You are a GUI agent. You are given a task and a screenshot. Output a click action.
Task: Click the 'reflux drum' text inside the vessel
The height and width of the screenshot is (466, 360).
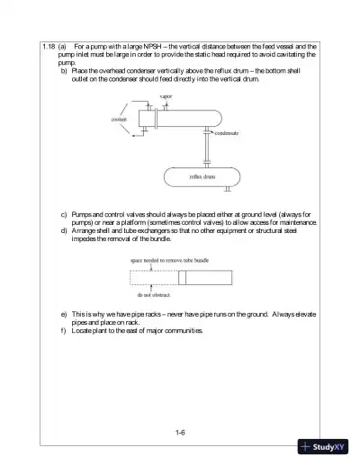[x=202, y=177]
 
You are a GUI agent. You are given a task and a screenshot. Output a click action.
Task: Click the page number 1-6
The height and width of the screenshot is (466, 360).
[x=180, y=433]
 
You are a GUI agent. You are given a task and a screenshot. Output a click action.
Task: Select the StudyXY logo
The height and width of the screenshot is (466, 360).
[x=329, y=448]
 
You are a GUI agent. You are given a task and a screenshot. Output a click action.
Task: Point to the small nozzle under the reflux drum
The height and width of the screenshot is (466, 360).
[x=226, y=189]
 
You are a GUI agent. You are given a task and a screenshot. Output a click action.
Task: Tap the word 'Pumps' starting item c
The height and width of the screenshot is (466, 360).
[x=84, y=215]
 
